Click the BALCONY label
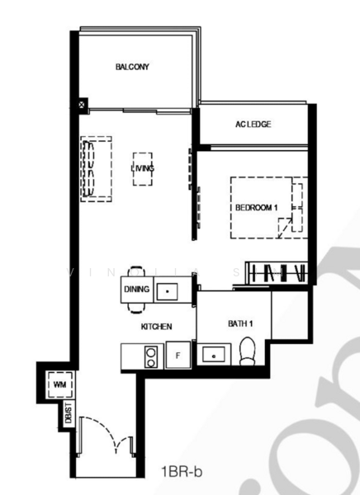[132, 67]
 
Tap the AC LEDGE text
[253, 125]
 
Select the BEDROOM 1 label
[255, 206]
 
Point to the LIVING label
[142, 168]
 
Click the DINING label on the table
[135, 290]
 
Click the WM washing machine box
[59, 385]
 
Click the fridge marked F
[178, 356]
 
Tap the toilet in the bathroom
[246, 353]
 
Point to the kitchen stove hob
[152, 356]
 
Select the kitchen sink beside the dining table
[168, 291]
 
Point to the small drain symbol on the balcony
[83, 105]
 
